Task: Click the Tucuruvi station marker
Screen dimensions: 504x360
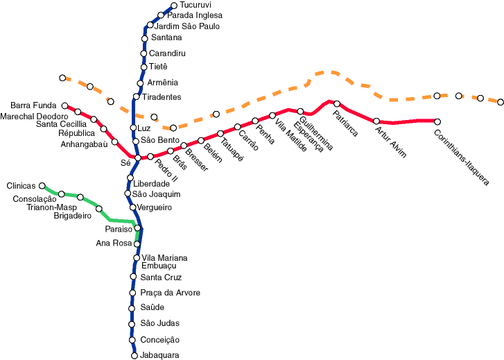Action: point(174,6)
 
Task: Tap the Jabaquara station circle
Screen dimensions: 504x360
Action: point(134,356)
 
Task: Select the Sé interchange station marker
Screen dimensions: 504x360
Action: point(138,157)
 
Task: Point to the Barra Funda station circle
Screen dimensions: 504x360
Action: point(64,106)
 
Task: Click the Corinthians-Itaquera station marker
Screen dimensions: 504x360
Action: point(437,121)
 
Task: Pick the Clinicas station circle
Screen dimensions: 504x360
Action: point(42,186)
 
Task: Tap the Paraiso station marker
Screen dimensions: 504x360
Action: point(137,228)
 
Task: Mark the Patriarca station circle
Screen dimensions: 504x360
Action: point(337,103)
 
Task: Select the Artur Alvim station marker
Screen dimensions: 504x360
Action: point(376,121)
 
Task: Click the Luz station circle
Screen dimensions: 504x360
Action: point(133,128)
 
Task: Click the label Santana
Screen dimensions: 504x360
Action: point(166,37)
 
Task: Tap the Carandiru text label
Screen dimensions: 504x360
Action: point(167,53)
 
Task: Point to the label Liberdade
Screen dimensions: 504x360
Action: point(151,184)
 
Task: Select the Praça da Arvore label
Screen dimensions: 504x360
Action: point(171,293)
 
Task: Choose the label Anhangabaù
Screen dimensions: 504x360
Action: point(84,144)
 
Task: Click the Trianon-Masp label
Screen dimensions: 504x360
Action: point(52,207)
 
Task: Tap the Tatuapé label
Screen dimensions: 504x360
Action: point(232,150)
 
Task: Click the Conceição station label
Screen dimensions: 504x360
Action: point(159,340)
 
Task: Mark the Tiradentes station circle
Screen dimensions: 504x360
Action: point(137,96)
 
